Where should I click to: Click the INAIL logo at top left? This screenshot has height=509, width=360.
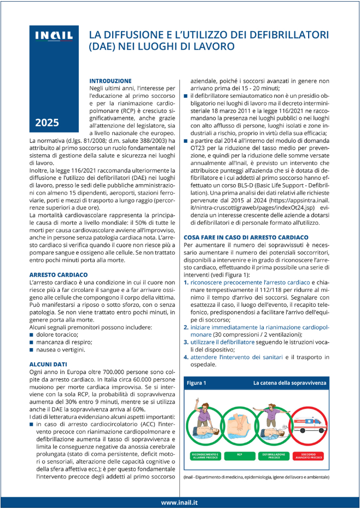[x=54, y=36]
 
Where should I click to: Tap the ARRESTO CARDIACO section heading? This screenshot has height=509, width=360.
[x=58, y=274]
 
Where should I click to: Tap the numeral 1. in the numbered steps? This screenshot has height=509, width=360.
[x=186, y=283]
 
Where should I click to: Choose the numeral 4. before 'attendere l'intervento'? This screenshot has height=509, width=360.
[x=186, y=357]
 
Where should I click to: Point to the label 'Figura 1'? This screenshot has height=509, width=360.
[x=196, y=384]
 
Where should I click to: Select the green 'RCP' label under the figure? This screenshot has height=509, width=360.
[x=240, y=455]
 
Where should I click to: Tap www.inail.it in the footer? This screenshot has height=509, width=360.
[x=180, y=502]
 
